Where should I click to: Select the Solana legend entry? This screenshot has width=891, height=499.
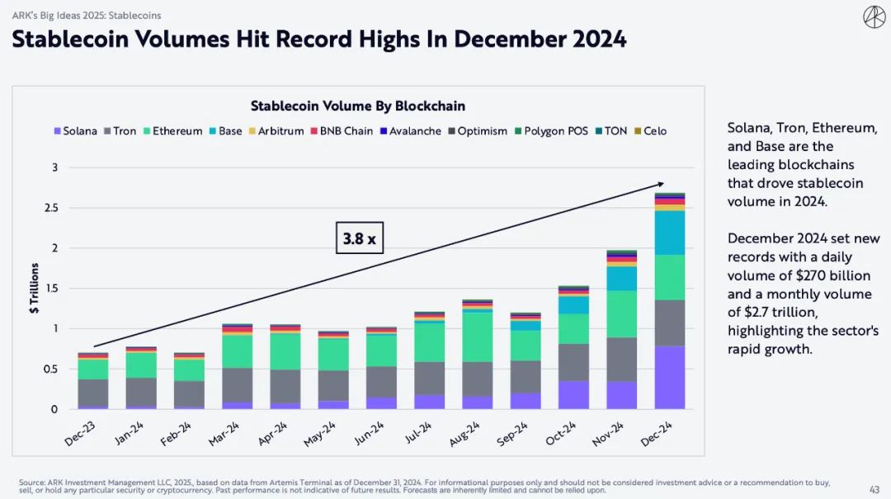tap(75, 131)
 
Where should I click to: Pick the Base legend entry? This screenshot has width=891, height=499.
tap(225, 131)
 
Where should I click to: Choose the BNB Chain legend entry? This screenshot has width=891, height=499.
tap(342, 131)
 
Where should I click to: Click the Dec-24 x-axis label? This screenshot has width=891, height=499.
tap(661, 432)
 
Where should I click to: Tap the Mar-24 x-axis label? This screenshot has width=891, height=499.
tap(229, 432)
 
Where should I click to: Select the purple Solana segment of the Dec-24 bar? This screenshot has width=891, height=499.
tap(670, 378)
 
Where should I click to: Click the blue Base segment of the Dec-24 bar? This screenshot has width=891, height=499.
tap(670, 233)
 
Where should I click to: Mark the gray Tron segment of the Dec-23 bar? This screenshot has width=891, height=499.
tap(93, 393)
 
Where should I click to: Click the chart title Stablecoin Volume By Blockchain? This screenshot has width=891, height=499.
tap(358, 106)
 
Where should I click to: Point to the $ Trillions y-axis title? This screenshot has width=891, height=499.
tap(35, 288)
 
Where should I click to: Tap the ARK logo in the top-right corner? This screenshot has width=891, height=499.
tap(874, 16)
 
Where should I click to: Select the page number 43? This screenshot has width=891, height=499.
tap(873, 489)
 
